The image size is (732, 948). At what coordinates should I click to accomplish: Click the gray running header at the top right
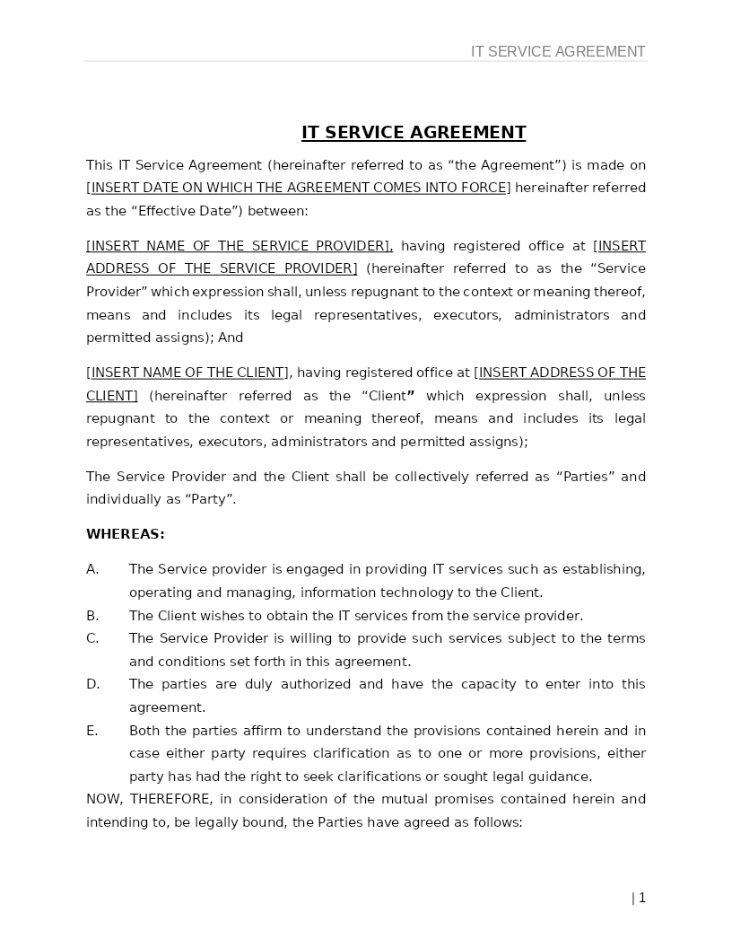click(x=558, y=52)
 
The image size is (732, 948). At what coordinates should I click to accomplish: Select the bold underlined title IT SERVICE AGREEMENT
click(x=414, y=133)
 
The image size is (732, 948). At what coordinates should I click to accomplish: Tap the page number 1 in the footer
click(x=642, y=898)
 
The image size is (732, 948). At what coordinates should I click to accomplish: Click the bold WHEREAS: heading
click(x=126, y=534)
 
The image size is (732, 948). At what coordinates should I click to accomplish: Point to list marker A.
click(x=92, y=569)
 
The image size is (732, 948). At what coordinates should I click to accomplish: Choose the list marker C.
click(x=92, y=638)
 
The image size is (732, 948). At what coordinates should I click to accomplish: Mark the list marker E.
click(x=92, y=731)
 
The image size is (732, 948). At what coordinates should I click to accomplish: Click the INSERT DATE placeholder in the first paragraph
click(x=299, y=188)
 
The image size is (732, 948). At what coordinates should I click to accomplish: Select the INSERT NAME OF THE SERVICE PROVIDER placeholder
click(x=239, y=246)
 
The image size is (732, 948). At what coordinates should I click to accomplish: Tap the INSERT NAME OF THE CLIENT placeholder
click(x=187, y=373)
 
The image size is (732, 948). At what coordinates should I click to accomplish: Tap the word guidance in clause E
click(x=561, y=777)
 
